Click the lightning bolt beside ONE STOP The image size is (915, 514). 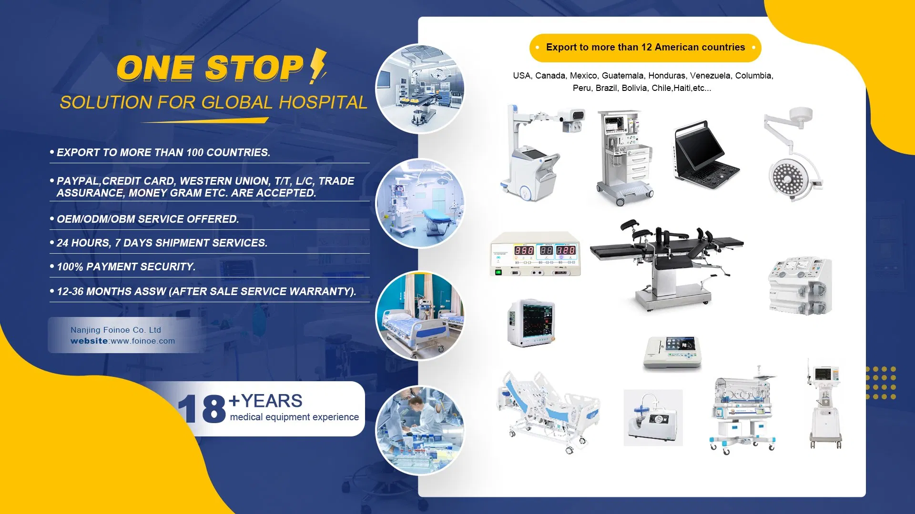pyautogui.click(x=317, y=67)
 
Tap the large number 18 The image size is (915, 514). pyautogui.click(x=202, y=408)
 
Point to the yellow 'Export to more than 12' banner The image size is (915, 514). pyautogui.click(x=645, y=48)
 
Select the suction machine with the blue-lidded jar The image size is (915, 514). pyautogui.click(x=652, y=418)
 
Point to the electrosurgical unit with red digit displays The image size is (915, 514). pyautogui.click(x=535, y=254)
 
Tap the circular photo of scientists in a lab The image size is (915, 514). pyautogui.click(x=419, y=430)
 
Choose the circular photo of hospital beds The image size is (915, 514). pyautogui.click(x=419, y=316)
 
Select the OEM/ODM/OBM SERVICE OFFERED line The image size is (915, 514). pyautogui.click(x=148, y=219)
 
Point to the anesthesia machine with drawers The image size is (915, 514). pyautogui.click(x=624, y=157)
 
